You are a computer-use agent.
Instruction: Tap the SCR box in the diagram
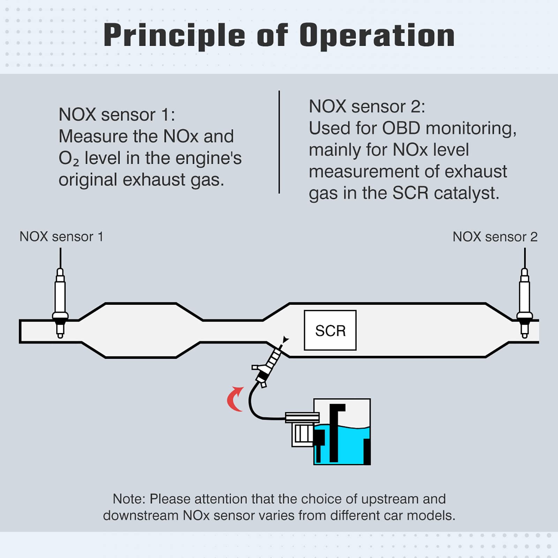pyautogui.click(x=330, y=330)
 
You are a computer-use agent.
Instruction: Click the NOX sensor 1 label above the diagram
pyautogui.click(x=61, y=236)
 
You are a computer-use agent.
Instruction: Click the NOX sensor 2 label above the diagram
pyautogui.click(x=495, y=237)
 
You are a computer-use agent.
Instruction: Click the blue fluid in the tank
pyautogui.click(x=349, y=446)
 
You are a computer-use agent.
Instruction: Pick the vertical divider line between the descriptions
pyautogui.click(x=279, y=142)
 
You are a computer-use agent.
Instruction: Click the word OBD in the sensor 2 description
pyautogui.click(x=401, y=128)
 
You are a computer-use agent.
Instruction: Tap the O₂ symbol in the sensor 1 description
pyautogui.click(x=69, y=159)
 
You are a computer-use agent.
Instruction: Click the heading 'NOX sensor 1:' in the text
pyautogui.click(x=117, y=114)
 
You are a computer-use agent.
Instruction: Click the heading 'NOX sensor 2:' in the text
pyautogui.click(x=367, y=106)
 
